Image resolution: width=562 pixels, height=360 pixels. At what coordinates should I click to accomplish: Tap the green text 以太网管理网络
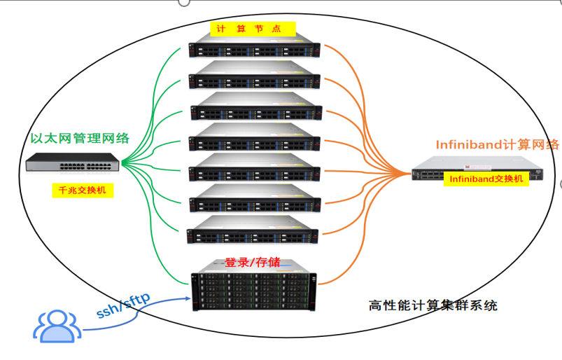click(80, 137)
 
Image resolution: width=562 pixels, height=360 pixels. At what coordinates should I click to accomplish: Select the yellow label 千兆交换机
click(82, 190)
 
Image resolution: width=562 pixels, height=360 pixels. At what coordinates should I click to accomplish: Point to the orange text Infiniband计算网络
click(497, 145)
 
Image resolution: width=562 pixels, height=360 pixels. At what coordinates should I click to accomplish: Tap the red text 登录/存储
click(253, 263)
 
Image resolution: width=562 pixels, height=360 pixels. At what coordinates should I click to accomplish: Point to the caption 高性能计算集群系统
click(433, 306)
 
